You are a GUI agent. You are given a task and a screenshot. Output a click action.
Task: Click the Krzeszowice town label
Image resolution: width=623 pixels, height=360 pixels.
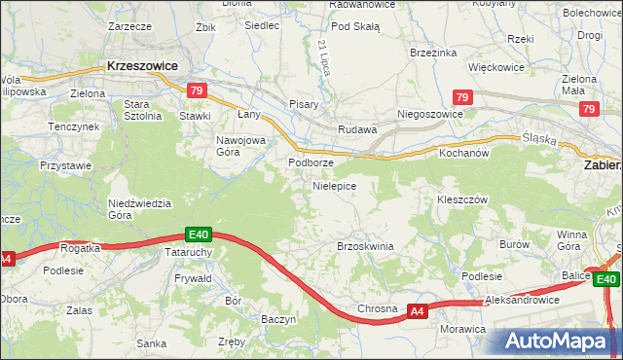pos(142,68)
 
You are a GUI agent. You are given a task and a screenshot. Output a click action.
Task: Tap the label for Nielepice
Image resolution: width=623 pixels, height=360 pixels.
pos(334,185)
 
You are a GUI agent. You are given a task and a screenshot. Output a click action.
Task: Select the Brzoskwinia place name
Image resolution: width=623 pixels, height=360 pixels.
pos(365,246)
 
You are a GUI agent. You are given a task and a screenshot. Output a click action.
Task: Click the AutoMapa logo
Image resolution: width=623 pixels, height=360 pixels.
pos(560,342)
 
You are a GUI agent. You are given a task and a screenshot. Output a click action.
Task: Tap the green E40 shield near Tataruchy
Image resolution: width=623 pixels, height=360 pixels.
pos(199,234)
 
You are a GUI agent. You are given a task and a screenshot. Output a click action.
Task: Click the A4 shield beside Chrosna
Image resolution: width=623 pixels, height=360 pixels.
pos(417,311)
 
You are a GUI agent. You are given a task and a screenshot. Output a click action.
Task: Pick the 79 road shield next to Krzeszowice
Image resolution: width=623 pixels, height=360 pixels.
pos(197,91)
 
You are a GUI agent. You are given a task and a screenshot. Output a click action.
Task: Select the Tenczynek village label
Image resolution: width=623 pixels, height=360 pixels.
pos(75,127)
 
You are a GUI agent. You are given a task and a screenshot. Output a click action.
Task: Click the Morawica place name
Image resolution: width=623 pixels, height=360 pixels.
pos(462,329)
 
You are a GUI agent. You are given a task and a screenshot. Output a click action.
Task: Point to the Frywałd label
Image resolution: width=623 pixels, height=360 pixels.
pos(193,277)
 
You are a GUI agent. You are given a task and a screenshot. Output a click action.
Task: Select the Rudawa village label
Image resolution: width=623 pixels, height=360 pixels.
pos(356,129)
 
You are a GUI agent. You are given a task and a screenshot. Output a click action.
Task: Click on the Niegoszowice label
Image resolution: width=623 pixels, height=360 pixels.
pos(429,114)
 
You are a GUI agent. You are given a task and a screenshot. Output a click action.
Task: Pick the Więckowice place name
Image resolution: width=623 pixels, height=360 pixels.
pos(496,68)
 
